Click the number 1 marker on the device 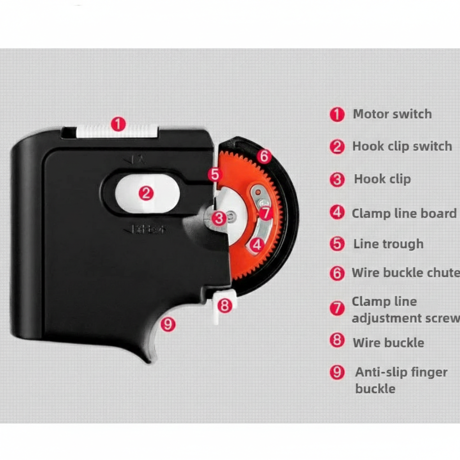[118, 124]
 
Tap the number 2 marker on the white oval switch [146, 194]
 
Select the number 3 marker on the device [219, 218]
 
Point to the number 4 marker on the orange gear [257, 245]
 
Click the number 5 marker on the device [215, 174]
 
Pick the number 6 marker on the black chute [264, 156]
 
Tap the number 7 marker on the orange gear [265, 213]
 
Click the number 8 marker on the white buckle [224, 305]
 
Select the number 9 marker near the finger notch [168, 323]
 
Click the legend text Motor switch [392, 114]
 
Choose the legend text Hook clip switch [402, 146]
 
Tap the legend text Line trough [388, 244]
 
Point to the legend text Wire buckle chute [405, 273]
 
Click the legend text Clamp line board [404, 213]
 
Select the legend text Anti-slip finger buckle [401, 380]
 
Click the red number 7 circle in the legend [337, 309]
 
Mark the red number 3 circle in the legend [337, 180]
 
